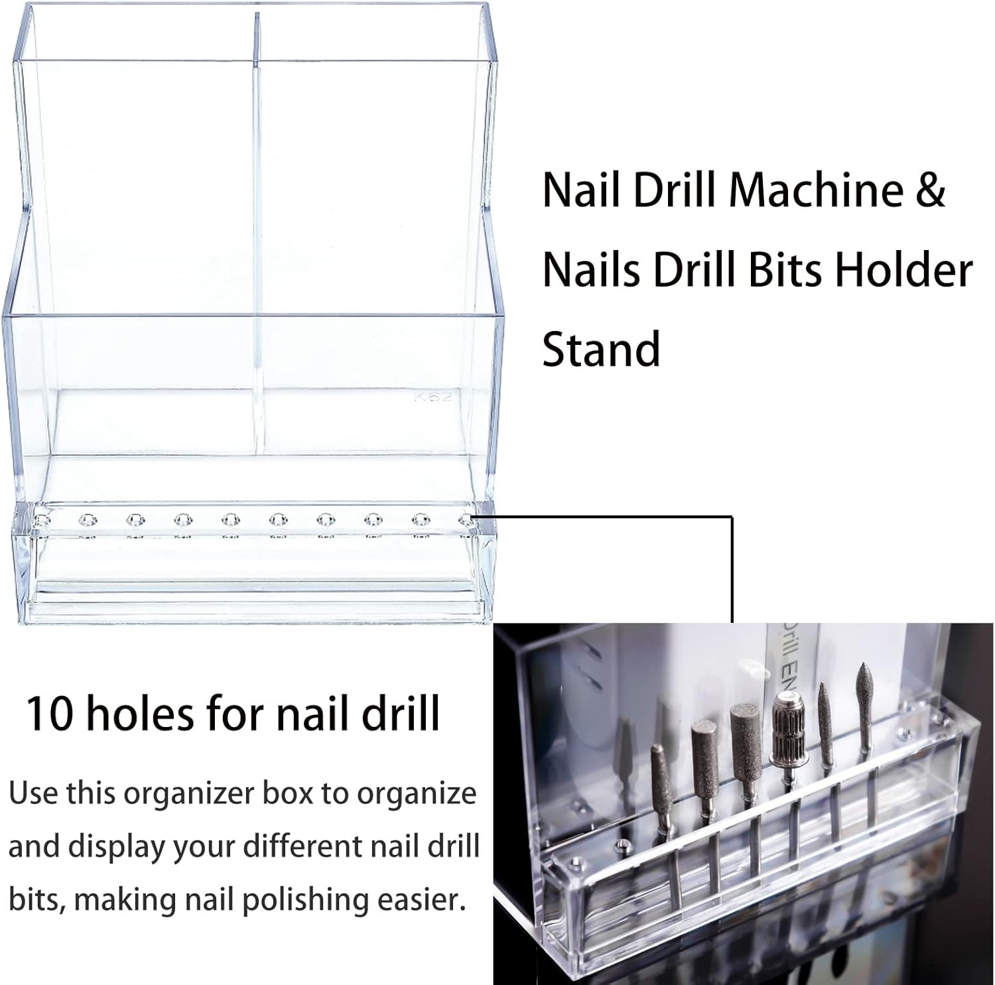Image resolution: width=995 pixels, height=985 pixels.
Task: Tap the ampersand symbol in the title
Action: pos(931,190)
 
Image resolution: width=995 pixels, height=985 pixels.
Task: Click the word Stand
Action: pos(601,350)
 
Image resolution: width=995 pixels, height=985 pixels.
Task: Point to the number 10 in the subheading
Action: pos(50,714)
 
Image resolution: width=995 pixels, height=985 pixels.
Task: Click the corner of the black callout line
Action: pos(732,517)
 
